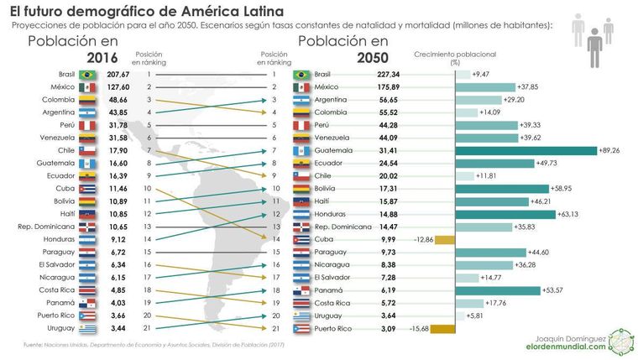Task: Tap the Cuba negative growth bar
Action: [444, 239]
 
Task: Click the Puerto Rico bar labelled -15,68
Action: [441, 328]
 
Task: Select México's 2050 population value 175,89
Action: [388, 87]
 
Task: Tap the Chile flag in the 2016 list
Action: [86, 150]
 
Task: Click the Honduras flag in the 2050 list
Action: [303, 213]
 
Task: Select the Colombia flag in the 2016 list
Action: [86, 100]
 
